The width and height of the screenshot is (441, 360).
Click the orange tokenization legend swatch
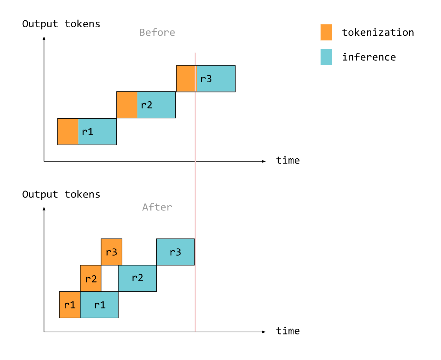tap(326, 32)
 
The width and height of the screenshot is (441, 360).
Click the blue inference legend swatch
tap(326, 57)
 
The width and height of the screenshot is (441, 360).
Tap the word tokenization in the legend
tap(378, 32)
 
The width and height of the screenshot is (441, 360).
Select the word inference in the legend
tap(369, 57)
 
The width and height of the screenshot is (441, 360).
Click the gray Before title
tap(157, 33)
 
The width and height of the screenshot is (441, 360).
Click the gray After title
tap(157, 207)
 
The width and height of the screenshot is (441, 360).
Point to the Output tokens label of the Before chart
tap(61, 24)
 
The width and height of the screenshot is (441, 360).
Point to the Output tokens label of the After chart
tap(61, 195)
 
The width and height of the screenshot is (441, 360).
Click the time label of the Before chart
tap(288, 160)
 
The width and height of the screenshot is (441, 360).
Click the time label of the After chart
tap(288, 331)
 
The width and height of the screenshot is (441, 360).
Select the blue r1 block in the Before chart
tap(97, 132)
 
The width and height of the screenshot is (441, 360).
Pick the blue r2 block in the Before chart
tap(156, 105)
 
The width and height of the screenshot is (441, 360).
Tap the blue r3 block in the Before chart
tap(216, 79)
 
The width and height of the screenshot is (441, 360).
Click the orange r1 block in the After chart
tap(70, 305)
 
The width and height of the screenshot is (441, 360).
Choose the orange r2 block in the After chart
tap(91, 278)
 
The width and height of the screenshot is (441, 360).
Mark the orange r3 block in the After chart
tap(111, 252)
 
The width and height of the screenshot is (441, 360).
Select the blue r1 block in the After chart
tap(100, 305)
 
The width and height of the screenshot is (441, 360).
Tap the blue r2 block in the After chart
tap(137, 278)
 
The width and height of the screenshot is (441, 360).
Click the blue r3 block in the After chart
tap(175, 252)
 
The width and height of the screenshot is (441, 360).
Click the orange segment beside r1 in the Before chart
tap(68, 132)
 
